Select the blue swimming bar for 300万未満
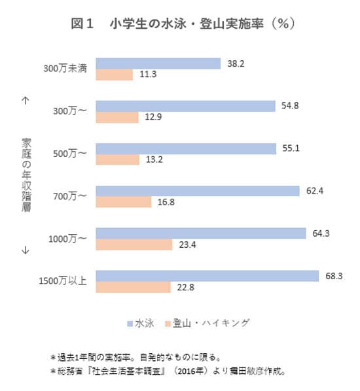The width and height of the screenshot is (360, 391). pos(158,63)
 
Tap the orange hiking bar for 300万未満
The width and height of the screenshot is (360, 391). pos(115,75)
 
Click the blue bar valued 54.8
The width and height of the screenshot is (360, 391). pos(186,106)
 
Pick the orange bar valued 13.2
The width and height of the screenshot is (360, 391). pos(118,159)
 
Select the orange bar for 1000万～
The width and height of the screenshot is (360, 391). pos(134,244)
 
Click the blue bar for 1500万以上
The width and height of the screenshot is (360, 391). pos(207,275)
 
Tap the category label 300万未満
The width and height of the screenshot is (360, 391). pos(65,69)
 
